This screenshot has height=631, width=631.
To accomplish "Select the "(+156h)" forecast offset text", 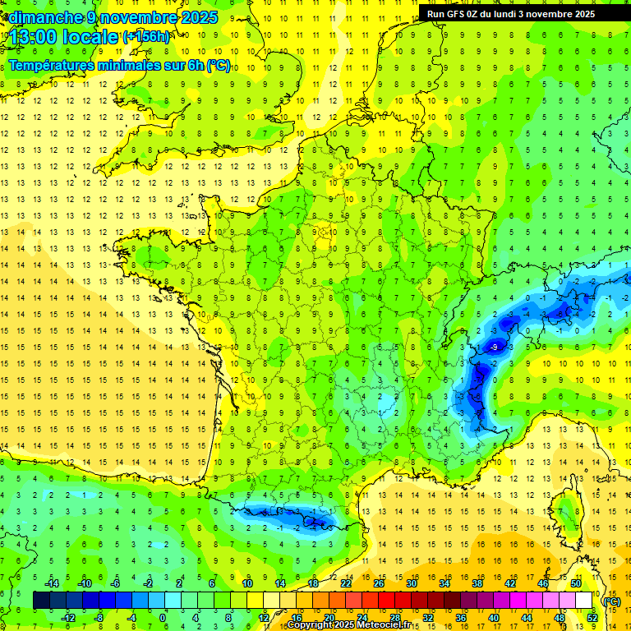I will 147,37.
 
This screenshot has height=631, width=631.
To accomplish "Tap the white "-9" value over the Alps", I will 494,348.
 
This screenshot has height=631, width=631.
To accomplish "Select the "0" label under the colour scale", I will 163,618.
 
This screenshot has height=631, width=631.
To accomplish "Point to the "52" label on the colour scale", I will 592,618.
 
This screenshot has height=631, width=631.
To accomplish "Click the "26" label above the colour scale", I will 378,583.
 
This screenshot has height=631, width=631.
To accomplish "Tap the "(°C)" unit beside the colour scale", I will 611,601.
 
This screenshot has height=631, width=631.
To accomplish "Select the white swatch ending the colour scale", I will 584,601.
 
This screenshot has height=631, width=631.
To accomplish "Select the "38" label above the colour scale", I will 477,583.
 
